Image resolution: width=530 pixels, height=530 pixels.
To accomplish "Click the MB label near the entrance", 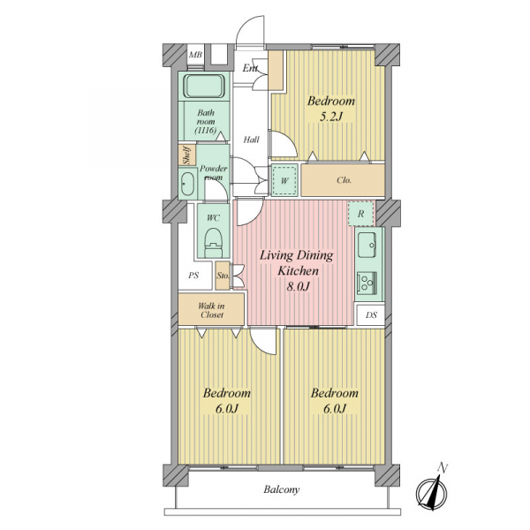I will (x=196, y=56).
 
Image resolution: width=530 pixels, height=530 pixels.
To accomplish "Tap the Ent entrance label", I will (x=250, y=68).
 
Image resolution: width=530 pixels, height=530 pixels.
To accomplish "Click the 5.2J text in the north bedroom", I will (x=331, y=117).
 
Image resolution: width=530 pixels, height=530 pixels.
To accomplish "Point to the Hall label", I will (x=251, y=140).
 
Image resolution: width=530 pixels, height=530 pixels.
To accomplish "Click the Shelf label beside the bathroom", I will (x=186, y=155).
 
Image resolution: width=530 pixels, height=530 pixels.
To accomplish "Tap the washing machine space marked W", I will (x=284, y=181).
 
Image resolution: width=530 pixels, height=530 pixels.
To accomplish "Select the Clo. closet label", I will (x=344, y=181).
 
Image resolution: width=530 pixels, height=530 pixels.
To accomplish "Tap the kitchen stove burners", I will (x=367, y=282).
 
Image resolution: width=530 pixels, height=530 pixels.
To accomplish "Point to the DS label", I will (x=371, y=314).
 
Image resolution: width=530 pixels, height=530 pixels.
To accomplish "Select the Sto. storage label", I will (x=223, y=276).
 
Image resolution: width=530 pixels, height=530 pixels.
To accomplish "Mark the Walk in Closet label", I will (x=212, y=310).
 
